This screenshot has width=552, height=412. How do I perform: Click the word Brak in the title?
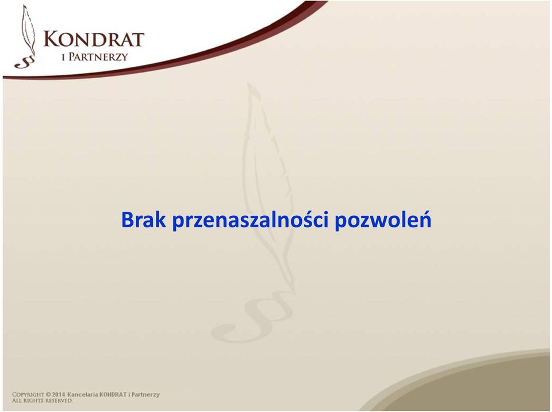point(143,220)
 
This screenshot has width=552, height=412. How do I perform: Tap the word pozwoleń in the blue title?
point(383,220)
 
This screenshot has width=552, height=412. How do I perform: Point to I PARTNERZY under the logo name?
point(95,57)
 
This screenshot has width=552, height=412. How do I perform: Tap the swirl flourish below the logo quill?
point(25,62)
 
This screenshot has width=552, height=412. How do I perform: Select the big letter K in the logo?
point(51,39)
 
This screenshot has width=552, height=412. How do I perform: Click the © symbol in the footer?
point(48,394)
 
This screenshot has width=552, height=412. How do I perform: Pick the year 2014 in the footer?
point(59,394)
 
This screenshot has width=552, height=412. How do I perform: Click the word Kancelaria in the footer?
point(82,394)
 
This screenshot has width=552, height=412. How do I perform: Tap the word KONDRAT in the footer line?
point(113,394)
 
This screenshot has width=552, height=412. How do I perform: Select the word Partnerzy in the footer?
point(145,395)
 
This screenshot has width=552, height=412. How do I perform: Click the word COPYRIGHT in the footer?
point(28,394)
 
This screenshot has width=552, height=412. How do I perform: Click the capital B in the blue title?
point(127,220)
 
